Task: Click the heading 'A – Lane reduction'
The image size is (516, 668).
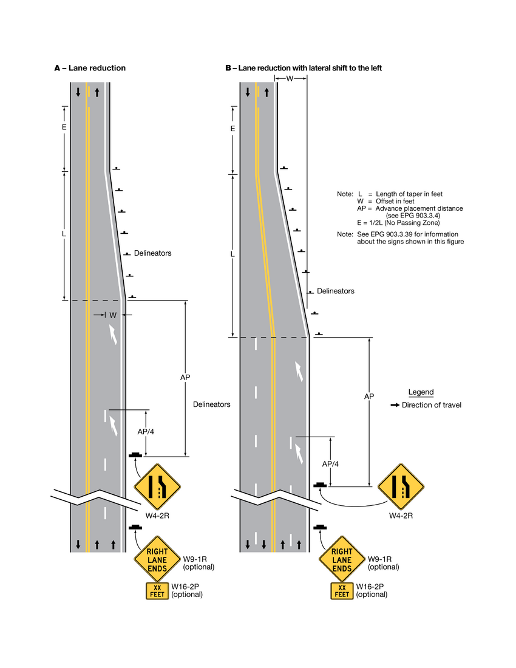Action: click(x=90, y=68)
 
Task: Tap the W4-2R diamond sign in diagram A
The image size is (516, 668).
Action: click(x=157, y=486)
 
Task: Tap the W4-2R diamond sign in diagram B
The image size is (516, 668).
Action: click(x=401, y=486)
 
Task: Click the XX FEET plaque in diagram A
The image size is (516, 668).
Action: click(x=157, y=591)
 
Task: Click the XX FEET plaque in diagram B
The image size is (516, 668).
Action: click(x=342, y=591)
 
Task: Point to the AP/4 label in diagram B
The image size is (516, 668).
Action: click(x=330, y=463)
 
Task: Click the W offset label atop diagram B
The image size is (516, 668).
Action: click(x=290, y=79)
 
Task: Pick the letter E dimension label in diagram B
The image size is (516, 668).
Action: click(x=233, y=129)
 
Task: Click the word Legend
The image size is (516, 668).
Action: click(x=421, y=392)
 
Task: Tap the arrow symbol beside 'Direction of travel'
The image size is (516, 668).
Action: click(x=395, y=405)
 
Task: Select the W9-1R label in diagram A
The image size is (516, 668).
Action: click(x=195, y=559)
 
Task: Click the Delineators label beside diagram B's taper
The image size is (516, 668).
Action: click(x=335, y=291)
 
